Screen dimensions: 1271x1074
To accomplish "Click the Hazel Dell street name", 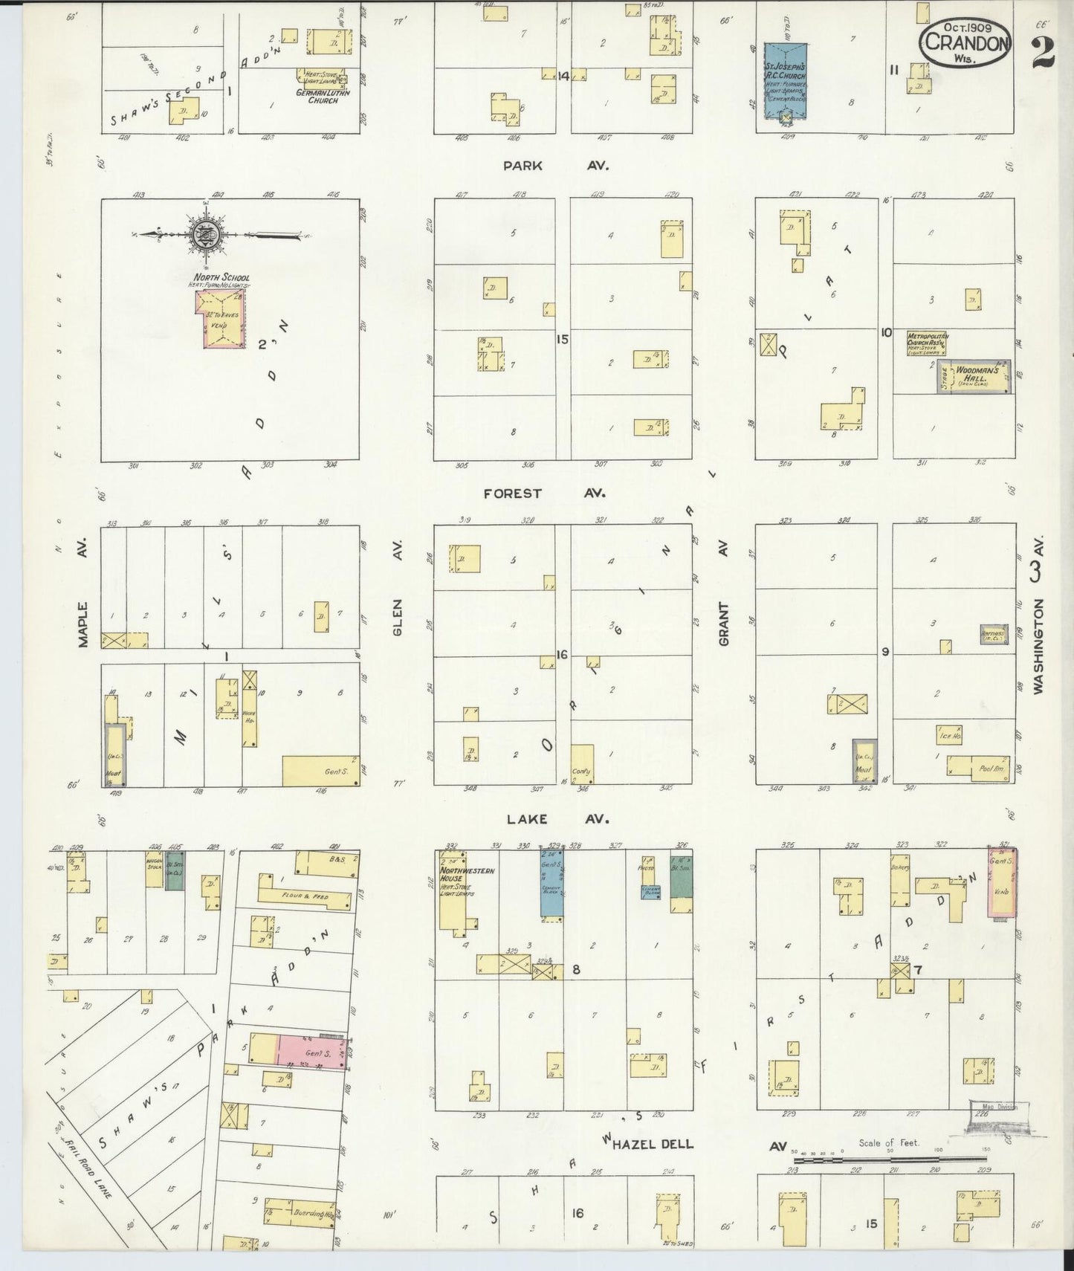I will pyautogui.click(x=652, y=1144).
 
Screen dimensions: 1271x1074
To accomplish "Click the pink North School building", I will pyautogui.click(x=220, y=318).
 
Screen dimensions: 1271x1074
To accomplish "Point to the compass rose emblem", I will pyautogui.click(x=204, y=235).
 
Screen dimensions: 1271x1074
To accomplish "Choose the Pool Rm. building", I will pyautogui.click(x=980, y=769).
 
